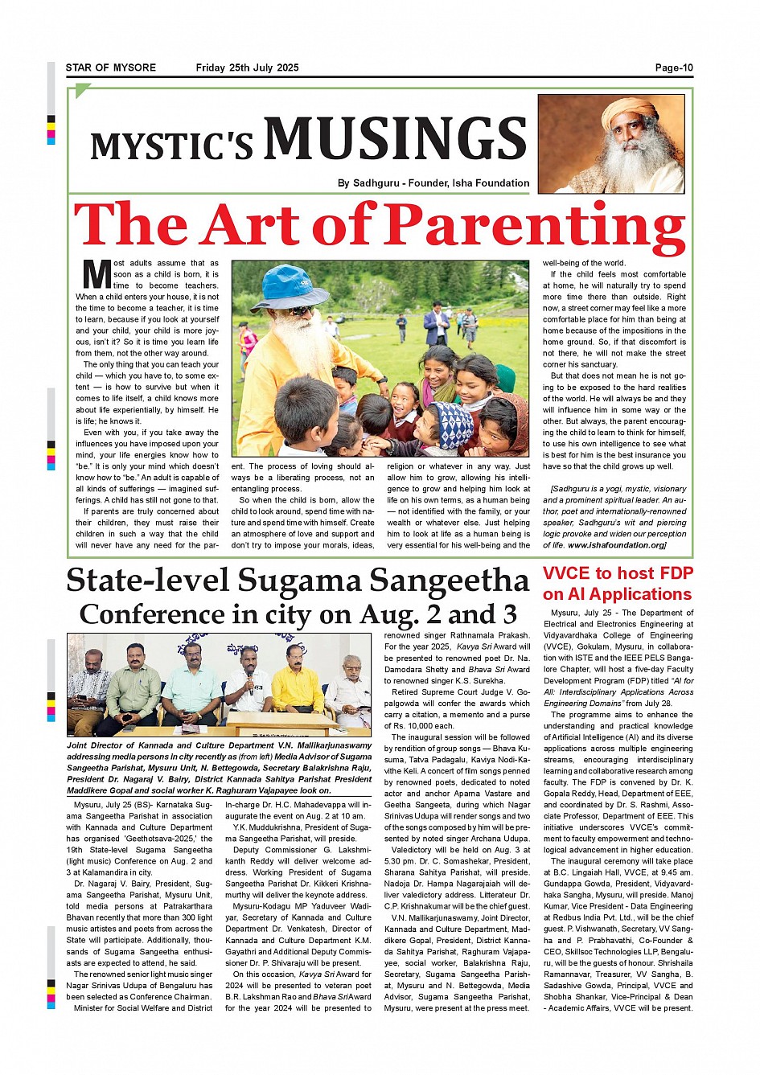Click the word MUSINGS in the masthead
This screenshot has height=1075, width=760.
[x=396, y=138]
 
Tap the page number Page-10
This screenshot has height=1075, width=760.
[x=673, y=68]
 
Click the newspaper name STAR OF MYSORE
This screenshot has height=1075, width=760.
[x=111, y=68]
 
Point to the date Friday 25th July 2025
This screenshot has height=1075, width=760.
[x=247, y=68]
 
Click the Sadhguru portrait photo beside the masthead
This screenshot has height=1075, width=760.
[x=610, y=145]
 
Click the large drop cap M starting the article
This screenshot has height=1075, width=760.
[x=96, y=274]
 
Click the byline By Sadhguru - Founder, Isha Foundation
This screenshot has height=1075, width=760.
[x=433, y=183]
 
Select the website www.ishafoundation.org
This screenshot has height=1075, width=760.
[x=617, y=545]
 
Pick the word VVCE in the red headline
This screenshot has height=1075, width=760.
[x=567, y=573]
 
